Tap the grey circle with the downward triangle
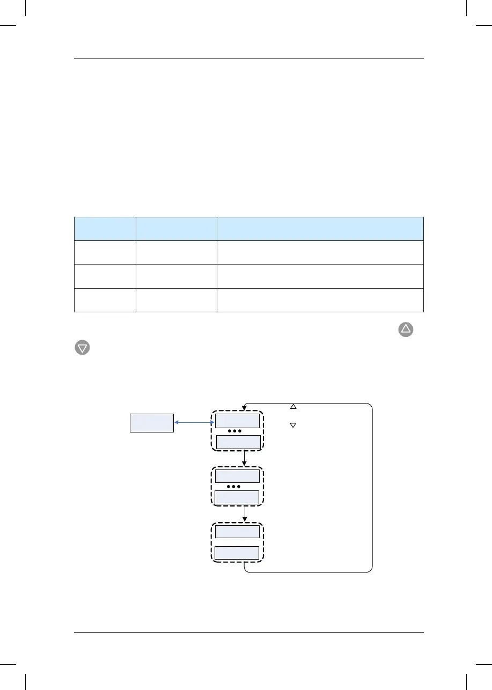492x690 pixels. coord(82,348)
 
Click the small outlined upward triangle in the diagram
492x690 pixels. coord(293,407)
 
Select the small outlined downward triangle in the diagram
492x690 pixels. coord(293,425)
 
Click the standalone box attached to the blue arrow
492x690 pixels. coord(152,423)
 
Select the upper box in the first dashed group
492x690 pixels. coord(237,421)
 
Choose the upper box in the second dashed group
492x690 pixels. coord(237,476)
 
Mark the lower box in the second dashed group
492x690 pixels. coord(237,497)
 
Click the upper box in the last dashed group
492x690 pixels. coord(237,531)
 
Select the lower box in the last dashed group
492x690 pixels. coord(237,553)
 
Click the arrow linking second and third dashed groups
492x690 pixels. coord(245,513)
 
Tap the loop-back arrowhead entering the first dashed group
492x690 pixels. coord(245,407)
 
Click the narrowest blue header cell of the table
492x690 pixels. coord(104,228)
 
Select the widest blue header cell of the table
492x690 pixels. coord(320,228)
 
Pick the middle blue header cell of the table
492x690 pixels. coord(175,228)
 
